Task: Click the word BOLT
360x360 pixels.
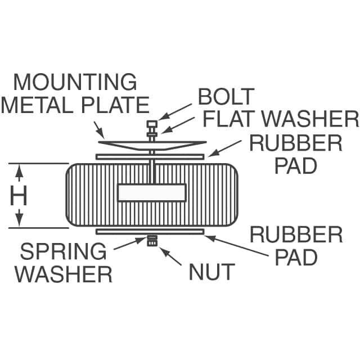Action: (x=226, y=97)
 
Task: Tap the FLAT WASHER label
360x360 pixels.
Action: (x=281, y=119)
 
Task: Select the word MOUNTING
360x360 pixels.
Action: (x=75, y=82)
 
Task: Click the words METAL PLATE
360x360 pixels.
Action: (x=75, y=105)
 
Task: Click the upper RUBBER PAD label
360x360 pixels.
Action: (x=296, y=155)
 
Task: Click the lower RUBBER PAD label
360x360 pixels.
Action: (x=296, y=246)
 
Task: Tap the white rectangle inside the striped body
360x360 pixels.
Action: (x=152, y=192)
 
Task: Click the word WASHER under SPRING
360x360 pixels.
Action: (x=63, y=274)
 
